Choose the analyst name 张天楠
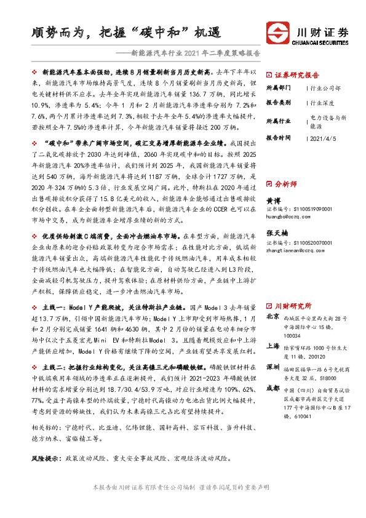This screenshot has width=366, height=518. pos(277,234)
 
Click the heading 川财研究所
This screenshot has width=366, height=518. pos(293,306)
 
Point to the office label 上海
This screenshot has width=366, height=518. pos(273,346)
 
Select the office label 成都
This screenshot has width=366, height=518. pos(273,388)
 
